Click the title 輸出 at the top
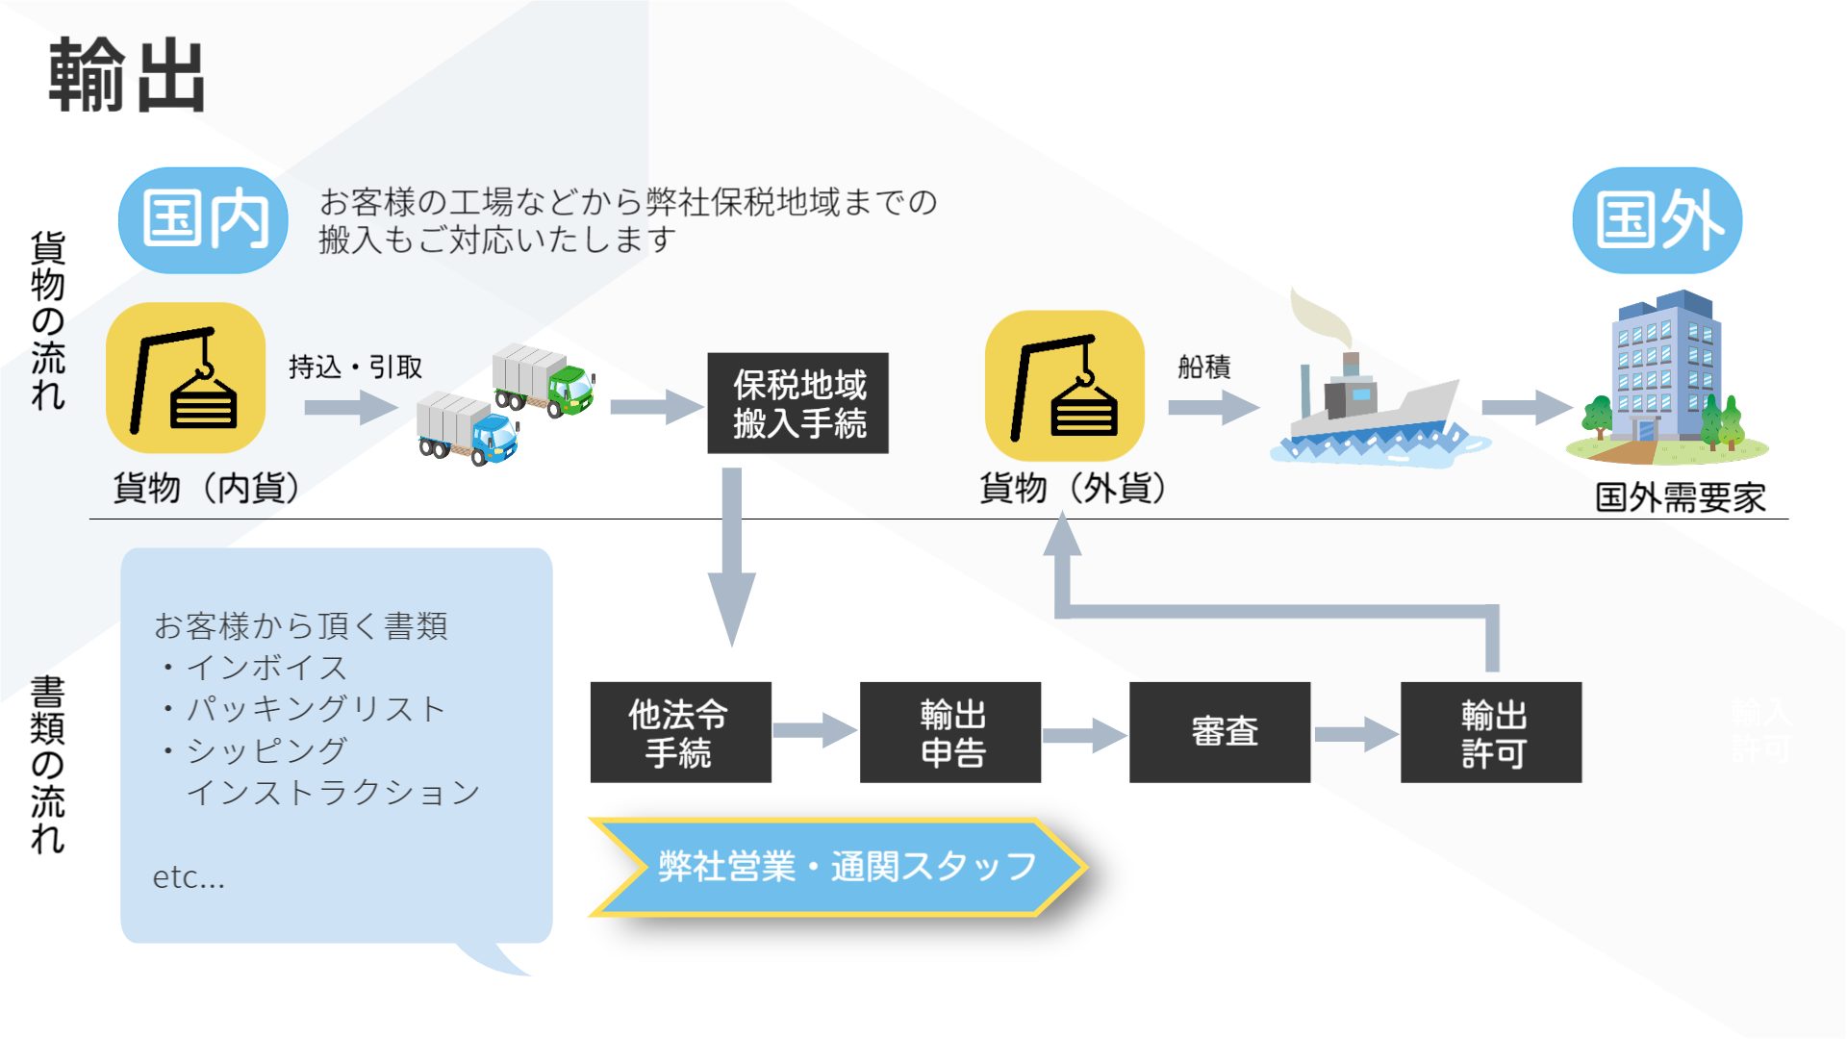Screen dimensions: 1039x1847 coord(126,75)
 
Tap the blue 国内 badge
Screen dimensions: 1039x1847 coord(203,219)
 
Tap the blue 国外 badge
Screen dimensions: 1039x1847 coord(1657,219)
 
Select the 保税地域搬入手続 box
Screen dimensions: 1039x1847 coord(797,403)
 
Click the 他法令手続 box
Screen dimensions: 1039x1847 coord(680,732)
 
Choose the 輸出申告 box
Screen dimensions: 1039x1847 coord(950,732)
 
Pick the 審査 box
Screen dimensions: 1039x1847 coord(1220,732)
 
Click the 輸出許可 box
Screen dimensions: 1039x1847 coord(1491,732)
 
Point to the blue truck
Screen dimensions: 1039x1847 coord(468,430)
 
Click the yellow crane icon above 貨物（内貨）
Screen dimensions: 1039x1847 coord(186,378)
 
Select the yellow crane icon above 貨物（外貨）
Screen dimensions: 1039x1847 coord(1065,385)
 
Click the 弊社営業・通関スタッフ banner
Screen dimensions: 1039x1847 coord(837,867)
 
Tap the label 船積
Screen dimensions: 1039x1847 coord(1203,367)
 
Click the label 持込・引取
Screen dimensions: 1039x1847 coord(355,367)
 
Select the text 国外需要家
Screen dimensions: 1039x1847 coord(1680,497)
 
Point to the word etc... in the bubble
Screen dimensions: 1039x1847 coord(189,877)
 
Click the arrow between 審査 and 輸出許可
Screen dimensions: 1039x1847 coord(1354,734)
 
